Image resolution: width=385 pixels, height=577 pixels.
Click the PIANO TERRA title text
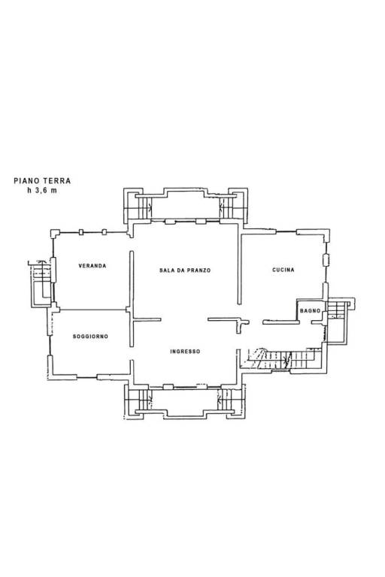point(42,180)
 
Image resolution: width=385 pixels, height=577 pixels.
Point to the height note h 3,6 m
point(42,190)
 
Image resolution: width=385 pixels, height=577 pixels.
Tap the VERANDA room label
point(92,266)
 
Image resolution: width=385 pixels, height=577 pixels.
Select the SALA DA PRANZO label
point(185,270)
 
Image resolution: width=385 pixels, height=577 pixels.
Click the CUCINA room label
point(283,270)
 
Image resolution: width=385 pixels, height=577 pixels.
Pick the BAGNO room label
point(311,310)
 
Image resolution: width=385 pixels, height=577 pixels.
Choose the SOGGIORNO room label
point(91,337)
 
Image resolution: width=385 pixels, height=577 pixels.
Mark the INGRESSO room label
point(185,352)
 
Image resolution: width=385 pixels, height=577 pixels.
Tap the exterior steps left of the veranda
point(41,282)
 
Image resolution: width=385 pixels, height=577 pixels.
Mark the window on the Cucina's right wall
point(326,260)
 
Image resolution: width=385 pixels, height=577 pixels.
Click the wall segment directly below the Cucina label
point(280,322)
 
